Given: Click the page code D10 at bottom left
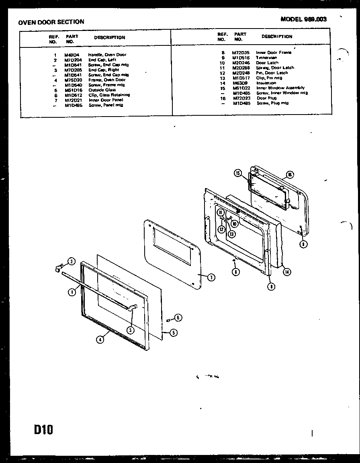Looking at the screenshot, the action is (x=43, y=430).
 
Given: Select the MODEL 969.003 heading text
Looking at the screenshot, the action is (x=303, y=19).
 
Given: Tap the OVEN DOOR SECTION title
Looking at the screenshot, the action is (x=51, y=22).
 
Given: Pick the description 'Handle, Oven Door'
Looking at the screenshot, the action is (x=107, y=55).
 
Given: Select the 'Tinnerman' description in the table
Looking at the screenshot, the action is (x=265, y=58).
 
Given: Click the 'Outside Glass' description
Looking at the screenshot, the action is (x=102, y=90).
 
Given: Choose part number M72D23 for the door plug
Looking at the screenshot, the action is (x=241, y=98).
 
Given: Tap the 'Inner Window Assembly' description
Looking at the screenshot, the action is (x=280, y=88).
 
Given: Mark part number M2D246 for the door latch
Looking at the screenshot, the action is (x=241, y=63).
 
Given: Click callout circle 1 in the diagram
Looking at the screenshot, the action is (x=71, y=292).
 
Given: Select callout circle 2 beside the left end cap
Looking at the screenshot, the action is (x=71, y=261).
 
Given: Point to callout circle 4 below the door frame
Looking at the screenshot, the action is (x=100, y=339).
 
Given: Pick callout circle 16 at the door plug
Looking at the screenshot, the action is (x=290, y=174).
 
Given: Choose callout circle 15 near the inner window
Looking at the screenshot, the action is (x=238, y=173).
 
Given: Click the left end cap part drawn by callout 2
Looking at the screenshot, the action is (x=59, y=267).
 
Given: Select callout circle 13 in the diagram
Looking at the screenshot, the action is (x=232, y=233).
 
